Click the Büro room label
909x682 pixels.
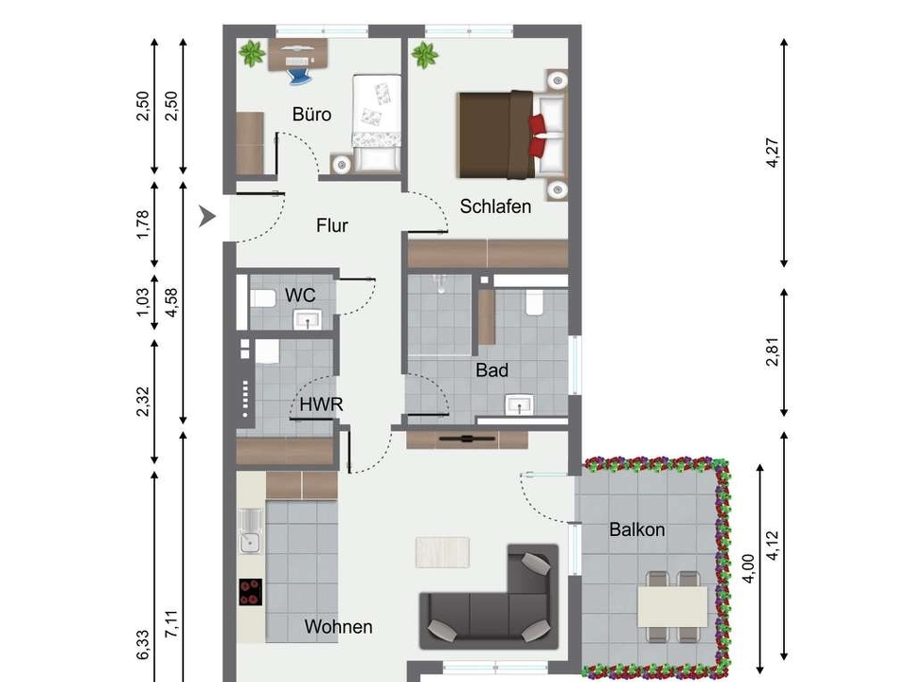pyautogui.click(x=312, y=115)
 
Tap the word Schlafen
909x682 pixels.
pyautogui.click(x=495, y=206)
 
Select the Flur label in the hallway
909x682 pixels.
pyautogui.click(x=332, y=225)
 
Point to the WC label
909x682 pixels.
pyautogui.click(x=300, y=296)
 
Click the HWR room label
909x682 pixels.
pyautogui.click(x=321, y=404)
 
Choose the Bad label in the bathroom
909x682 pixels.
pyautogui.click(x=492, y=370)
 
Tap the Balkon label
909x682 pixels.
pyautogui.click(x=637, y=529)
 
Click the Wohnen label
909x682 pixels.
pyautogui.click(x=339, y=626)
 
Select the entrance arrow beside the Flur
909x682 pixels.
pyautogui.click(x=207, y=216)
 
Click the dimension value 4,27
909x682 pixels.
pyautogui.click(x=773, y=153)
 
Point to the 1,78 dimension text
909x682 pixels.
pyautogui.click(x=143, y=224)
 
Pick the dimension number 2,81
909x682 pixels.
pyautogui.click(x=773, y=352)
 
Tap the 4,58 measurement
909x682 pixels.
pyautogui.click(x=171, y=303)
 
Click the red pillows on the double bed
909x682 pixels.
pyautogui.click(x=538, y=135)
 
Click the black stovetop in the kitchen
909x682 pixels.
pyautogui.click(x=250, y=592)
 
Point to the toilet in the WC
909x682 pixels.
pyautogui.click(x=262, y=298)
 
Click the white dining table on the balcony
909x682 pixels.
pyautogui.click(x=672, y=606)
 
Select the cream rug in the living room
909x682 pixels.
pyautogui.click(x=442, y=552)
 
